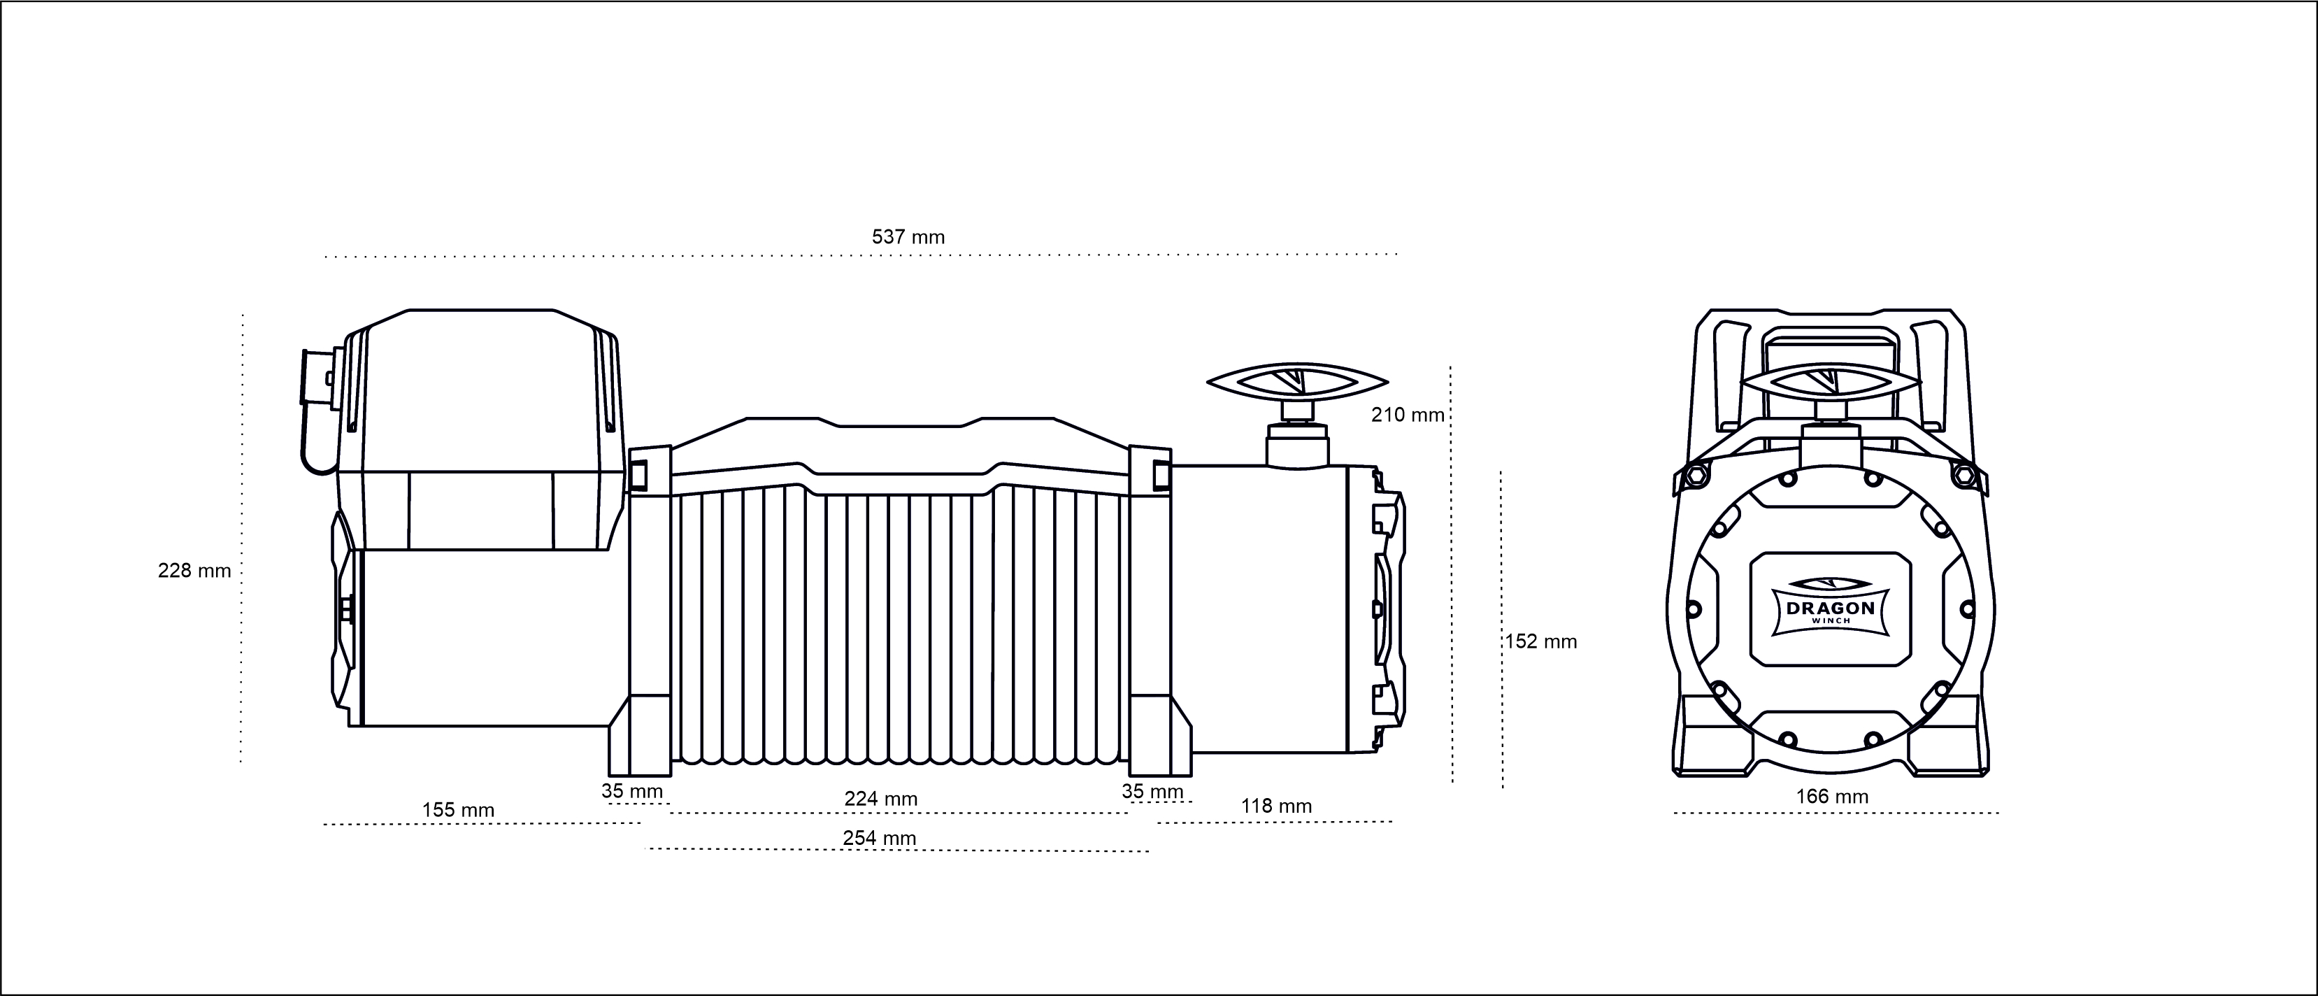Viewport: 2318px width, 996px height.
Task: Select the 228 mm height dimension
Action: pos(194,571)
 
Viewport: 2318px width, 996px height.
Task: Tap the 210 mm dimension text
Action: pos(1408,415)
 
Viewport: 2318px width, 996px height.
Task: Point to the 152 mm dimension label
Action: pos(1540,641)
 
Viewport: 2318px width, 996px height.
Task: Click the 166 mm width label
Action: pos(1832,796)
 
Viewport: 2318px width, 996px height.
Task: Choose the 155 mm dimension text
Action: pos(458,810)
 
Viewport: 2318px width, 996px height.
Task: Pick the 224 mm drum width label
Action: pos(880,798)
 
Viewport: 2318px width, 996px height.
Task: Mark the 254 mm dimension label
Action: pos(879,838)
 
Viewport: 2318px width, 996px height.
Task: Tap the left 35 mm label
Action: pos(631,791)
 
